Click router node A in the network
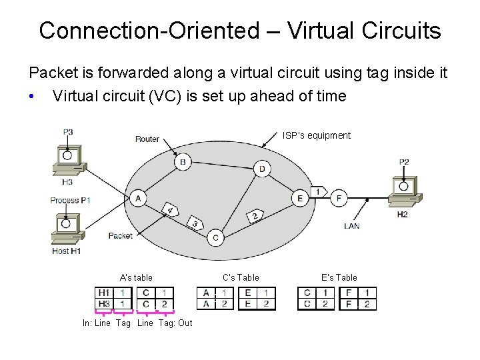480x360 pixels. [x=139, y=197]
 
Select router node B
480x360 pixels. [x=181, y=161]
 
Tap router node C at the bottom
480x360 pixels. [x=215, y=237]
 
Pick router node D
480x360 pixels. [x=261, y=169]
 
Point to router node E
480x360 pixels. [x=299, y=197]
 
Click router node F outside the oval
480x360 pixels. [x=339, y=197]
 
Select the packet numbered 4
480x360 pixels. [x=171, y=211]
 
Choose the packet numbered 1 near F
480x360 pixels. [x=319, y=191]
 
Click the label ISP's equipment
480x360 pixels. [x=315, y=135]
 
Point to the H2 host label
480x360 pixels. [x=402, y=214]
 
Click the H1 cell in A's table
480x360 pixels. [x=104, y=293]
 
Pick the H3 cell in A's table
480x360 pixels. [x=104, y=304]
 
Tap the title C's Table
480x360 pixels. [x=241, y=277]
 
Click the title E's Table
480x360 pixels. [x=339, y=277]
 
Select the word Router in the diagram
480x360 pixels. [x=147, y=139]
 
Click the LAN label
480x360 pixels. [x=352, y=226]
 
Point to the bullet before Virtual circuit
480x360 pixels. [x=31, y=97]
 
